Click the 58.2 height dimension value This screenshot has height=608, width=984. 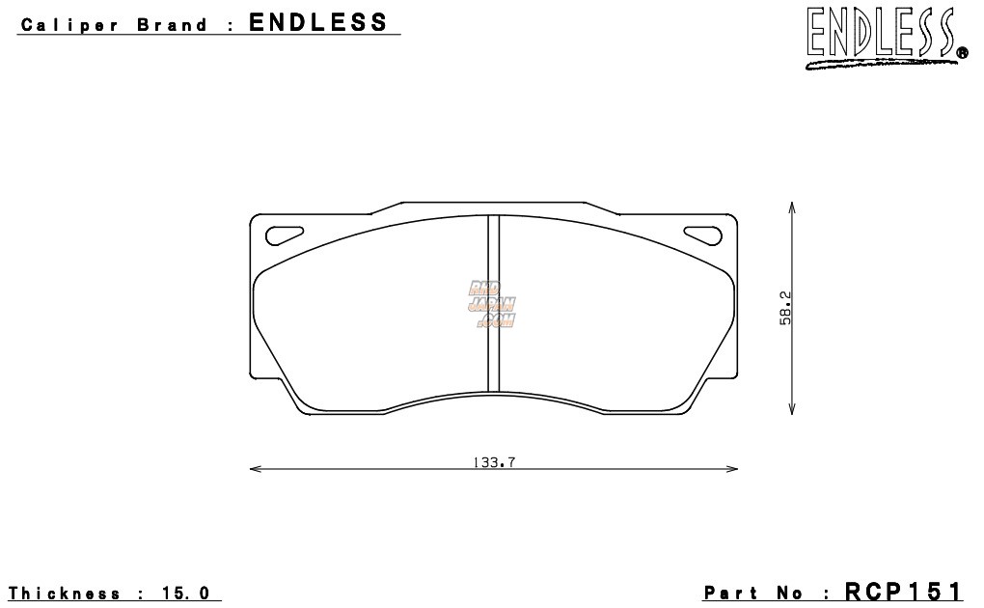click(785, 309)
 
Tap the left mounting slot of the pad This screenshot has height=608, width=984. click(284, 233)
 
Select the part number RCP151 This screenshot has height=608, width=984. click(904, 591)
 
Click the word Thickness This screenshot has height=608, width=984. click(66, 593)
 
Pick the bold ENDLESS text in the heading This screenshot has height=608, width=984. click(318, 22)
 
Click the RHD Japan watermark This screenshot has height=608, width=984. click(493, 305)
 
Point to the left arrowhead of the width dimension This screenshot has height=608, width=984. click(254, 470)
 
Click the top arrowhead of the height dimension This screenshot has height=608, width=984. click(791, 207)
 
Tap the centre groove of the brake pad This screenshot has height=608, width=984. click(493, 303)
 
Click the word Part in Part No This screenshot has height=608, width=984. click(733, 593)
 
